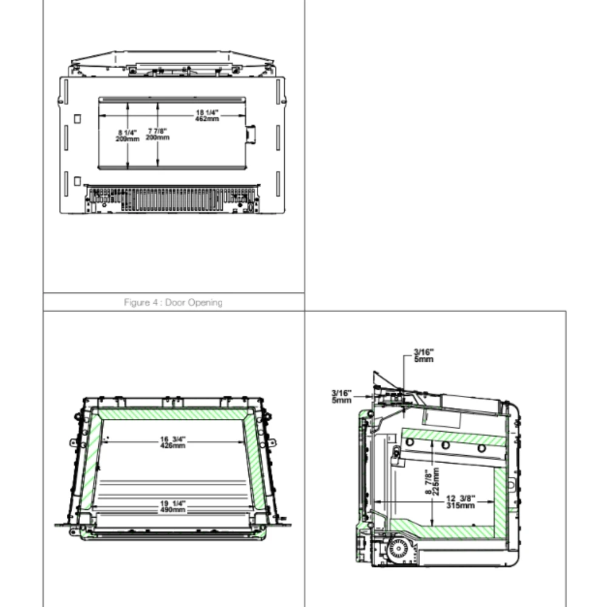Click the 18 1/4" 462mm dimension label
coord(207,116)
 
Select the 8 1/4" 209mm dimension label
coord(127,136)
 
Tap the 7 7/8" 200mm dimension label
coord(158,134)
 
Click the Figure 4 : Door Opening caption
coord(173,302)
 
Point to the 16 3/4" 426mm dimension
coord(173,443)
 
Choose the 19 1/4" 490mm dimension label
coord(173,507)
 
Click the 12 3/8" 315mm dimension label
coord(461,502)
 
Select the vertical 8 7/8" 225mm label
coord(432,481)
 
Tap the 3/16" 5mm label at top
coord(424,355)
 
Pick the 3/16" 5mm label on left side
coord(341,397)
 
